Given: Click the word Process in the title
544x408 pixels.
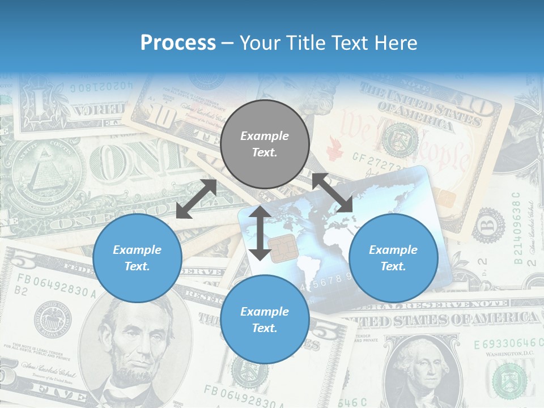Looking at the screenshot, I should [x=178, y=42].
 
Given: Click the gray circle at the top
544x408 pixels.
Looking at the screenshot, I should [x=265, y=144].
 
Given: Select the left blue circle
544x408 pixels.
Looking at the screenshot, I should [x=137, y=258].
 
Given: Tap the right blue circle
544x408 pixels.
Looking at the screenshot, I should [x=393, y=258].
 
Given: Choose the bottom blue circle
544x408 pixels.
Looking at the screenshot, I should [x=265, y=320].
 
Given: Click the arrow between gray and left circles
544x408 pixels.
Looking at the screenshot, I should [x=196, y=199].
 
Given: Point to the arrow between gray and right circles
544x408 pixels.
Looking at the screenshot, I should [x=332, y=193].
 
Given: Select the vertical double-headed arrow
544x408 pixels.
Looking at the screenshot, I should [x=260, y=233].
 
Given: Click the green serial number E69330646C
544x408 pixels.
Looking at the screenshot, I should [x=505, y=343].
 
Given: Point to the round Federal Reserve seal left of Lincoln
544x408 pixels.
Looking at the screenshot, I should [x=53, y=320].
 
